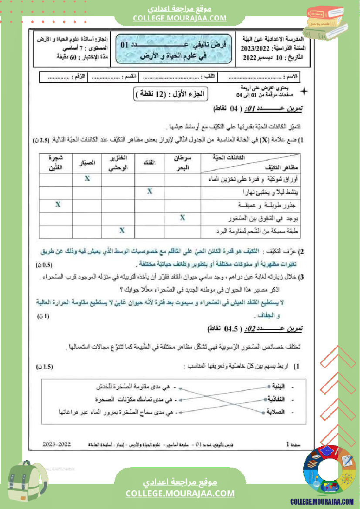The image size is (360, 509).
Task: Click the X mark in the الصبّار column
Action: [87, 179]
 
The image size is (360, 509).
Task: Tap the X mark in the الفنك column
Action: [149, 192]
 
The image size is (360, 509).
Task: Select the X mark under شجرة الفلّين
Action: [57, 204]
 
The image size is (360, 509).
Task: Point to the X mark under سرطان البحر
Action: [183, 217]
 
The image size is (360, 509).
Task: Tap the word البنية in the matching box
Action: [278, 386]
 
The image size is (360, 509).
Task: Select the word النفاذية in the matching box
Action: [277, 399]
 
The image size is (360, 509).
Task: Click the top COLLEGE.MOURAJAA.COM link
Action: [180, 18]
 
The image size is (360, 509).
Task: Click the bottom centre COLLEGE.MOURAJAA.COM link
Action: [180, 493]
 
